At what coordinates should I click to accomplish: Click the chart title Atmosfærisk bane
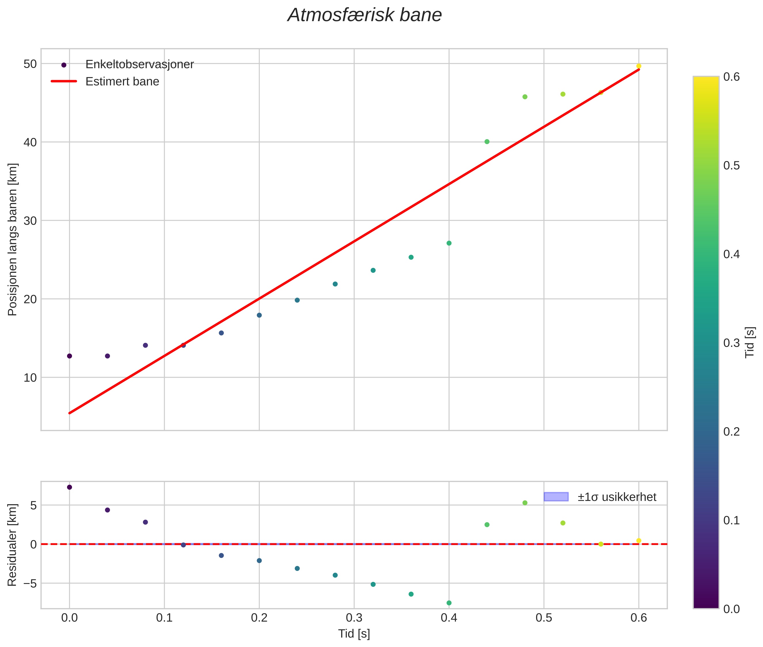[x=365, y=15]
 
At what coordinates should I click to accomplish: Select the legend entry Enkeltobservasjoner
[x=139, y=65]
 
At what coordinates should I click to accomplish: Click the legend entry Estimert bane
[x=122, y=82]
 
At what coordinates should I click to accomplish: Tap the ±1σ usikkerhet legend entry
[x=617, y=497]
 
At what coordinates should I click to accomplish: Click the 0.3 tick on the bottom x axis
[x=354, y=618]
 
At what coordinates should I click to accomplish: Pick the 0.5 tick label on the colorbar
[x=731, y=165]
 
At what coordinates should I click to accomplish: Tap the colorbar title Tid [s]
[x=750, y=342]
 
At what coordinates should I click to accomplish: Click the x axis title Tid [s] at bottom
[x=354, y=634]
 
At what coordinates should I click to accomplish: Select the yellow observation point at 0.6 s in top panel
[x=639, y=66]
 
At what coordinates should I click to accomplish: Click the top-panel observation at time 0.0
[x=70, y=356]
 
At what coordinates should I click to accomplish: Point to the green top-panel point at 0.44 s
[x=487, y=141]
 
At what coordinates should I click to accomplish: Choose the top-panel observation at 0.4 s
[x=449, y=243]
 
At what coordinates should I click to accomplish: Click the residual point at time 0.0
[x=70, y=487]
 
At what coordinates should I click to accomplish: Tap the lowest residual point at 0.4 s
[x=449, y=603]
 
